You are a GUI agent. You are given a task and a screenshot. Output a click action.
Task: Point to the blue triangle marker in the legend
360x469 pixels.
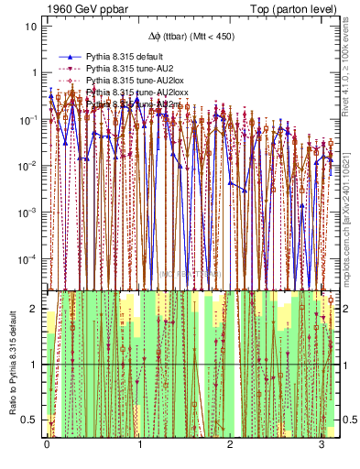69,57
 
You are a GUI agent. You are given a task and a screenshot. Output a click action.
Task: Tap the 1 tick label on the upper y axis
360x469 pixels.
35,72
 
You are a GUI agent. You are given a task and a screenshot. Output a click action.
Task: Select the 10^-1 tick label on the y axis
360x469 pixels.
30,119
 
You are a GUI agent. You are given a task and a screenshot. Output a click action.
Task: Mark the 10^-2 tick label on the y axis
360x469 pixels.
30,166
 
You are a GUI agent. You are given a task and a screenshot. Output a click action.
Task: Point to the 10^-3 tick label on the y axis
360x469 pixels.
30,213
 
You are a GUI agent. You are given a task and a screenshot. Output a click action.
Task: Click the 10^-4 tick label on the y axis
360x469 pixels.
30,259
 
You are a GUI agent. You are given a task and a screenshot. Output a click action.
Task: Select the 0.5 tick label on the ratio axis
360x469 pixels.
32,420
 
